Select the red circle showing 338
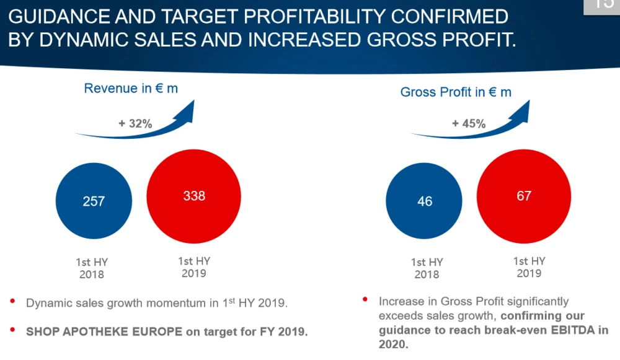tap(194, 196)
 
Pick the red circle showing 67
tap(524, 196)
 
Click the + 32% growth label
tap(135, 124)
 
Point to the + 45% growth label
tap(469, 124)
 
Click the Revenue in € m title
tap(131, 89)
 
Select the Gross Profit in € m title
tap(456, 92)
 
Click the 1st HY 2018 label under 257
tap(92, 268)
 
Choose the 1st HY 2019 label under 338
tap(193, 267)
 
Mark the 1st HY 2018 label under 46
tap(427, 268)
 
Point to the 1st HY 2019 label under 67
tap(529, 267)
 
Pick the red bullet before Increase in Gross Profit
tap(366, 301)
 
